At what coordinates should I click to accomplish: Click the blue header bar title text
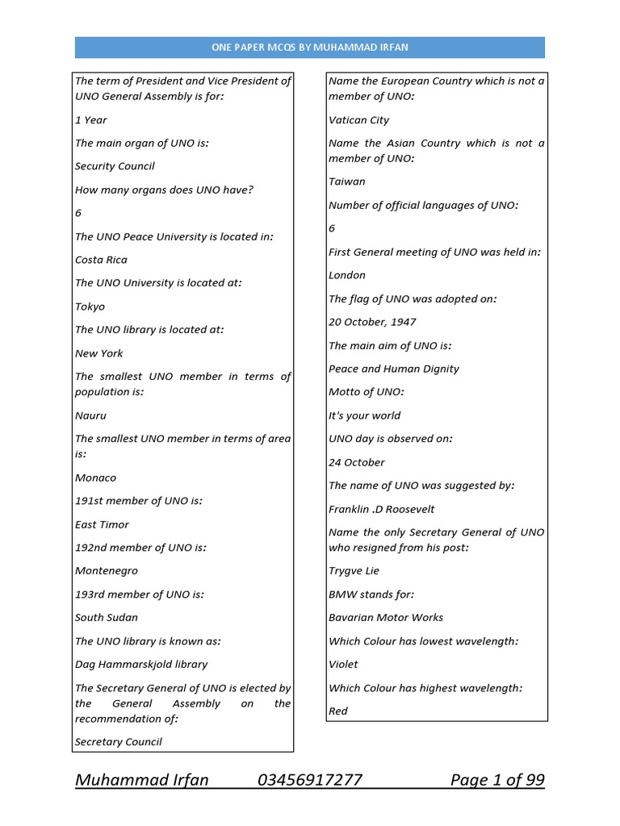click(x=309, y=48)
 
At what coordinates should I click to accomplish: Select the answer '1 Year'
click(x=91, y=120)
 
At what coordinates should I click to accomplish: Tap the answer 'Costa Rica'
click(x=101, y=260)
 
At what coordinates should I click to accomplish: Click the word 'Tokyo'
click(x=90, y=307)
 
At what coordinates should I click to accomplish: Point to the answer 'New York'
click(x=99, y=353)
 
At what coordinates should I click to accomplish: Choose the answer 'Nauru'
click(x=90, y=415)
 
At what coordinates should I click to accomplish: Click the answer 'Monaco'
click(x=95, y=478)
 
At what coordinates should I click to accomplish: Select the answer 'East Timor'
click(x=102, y=524)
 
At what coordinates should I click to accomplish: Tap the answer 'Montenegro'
click(x=107, y=570)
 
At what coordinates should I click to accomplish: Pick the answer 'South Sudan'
click(x=107, y=617)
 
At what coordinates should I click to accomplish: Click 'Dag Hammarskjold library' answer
click(x=141, y=664)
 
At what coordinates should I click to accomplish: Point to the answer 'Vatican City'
click(x=358, y=120)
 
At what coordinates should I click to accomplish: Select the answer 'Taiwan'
click(x=346, y=181)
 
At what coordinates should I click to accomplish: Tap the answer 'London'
click(x=347, y=275)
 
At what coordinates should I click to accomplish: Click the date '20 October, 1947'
click(x=372, y=322)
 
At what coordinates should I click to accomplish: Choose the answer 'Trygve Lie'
click(x=354, y=570)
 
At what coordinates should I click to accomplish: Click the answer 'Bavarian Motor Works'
click(x=386, y=617)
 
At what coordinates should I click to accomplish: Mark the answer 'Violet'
click(x=343, y=664)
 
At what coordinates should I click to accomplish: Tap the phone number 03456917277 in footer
click(x=310, y=780)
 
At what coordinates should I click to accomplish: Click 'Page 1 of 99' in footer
click(x=497, y=780)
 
